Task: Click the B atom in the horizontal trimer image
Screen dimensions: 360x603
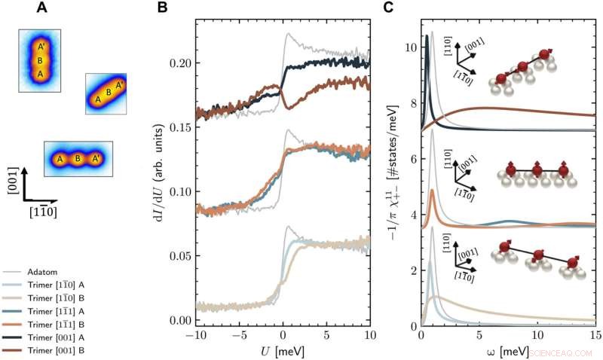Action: [x=77, y=160]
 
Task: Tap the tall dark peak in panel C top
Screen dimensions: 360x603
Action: [x=427, y=36]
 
